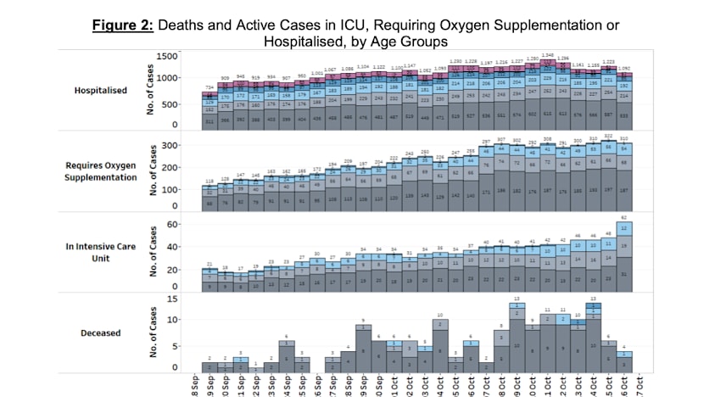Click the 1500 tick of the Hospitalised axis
168,56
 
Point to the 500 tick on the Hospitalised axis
172,103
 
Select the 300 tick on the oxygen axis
172,146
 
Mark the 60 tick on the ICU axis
174,224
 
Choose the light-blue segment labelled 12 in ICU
625,229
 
